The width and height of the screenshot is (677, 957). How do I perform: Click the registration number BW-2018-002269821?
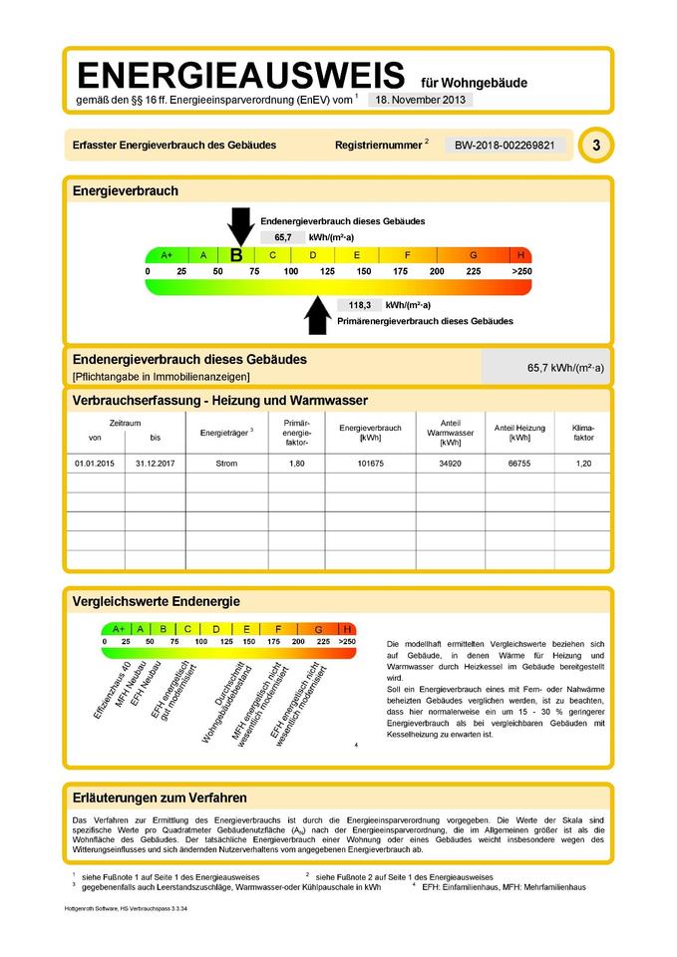coord(504,146)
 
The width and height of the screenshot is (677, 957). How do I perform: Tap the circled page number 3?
coord(596,146)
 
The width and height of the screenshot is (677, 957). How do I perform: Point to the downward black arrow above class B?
coord(240,225)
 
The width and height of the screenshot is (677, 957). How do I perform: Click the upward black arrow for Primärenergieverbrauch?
coord(317,315)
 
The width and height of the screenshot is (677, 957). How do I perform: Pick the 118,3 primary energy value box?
coord(360,305)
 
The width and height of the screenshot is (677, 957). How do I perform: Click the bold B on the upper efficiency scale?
coord(236,255)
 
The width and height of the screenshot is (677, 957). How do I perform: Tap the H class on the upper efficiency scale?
coord(520,255)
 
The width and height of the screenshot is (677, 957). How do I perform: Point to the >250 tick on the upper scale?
coord(521,271)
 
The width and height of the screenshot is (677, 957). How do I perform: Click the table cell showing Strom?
coord(226,464)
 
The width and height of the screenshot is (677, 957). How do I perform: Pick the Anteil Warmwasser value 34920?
coord(442,464)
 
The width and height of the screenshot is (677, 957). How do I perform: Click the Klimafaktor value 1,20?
coord(583,464)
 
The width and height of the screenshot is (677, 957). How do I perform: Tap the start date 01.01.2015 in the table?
coord(95,464)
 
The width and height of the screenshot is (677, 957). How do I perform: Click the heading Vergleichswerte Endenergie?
coord(157,601)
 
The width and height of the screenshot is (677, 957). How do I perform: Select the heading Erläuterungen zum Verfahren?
coord(160,797)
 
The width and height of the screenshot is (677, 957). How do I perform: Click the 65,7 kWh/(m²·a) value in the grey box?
coord(565,368)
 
